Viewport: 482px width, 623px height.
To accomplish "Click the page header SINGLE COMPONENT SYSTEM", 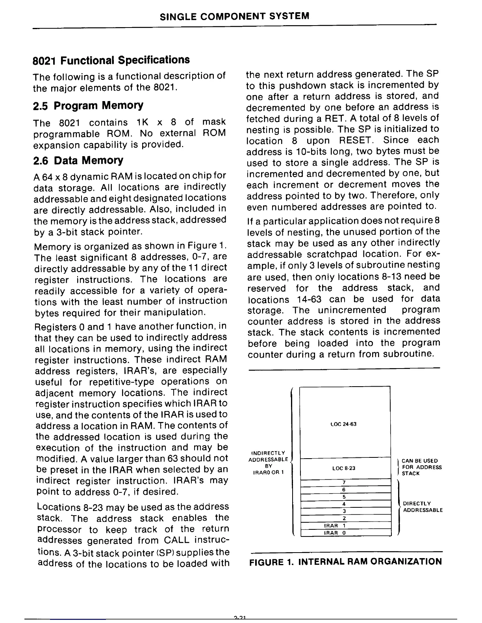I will [235, 16].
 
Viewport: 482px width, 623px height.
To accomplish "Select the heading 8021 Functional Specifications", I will [111, 60].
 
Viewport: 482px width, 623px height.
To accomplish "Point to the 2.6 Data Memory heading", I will [78, 160].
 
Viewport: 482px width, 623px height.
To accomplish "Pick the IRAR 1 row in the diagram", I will [334, 525].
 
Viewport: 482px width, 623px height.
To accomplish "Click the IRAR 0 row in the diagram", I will [334, 533].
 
